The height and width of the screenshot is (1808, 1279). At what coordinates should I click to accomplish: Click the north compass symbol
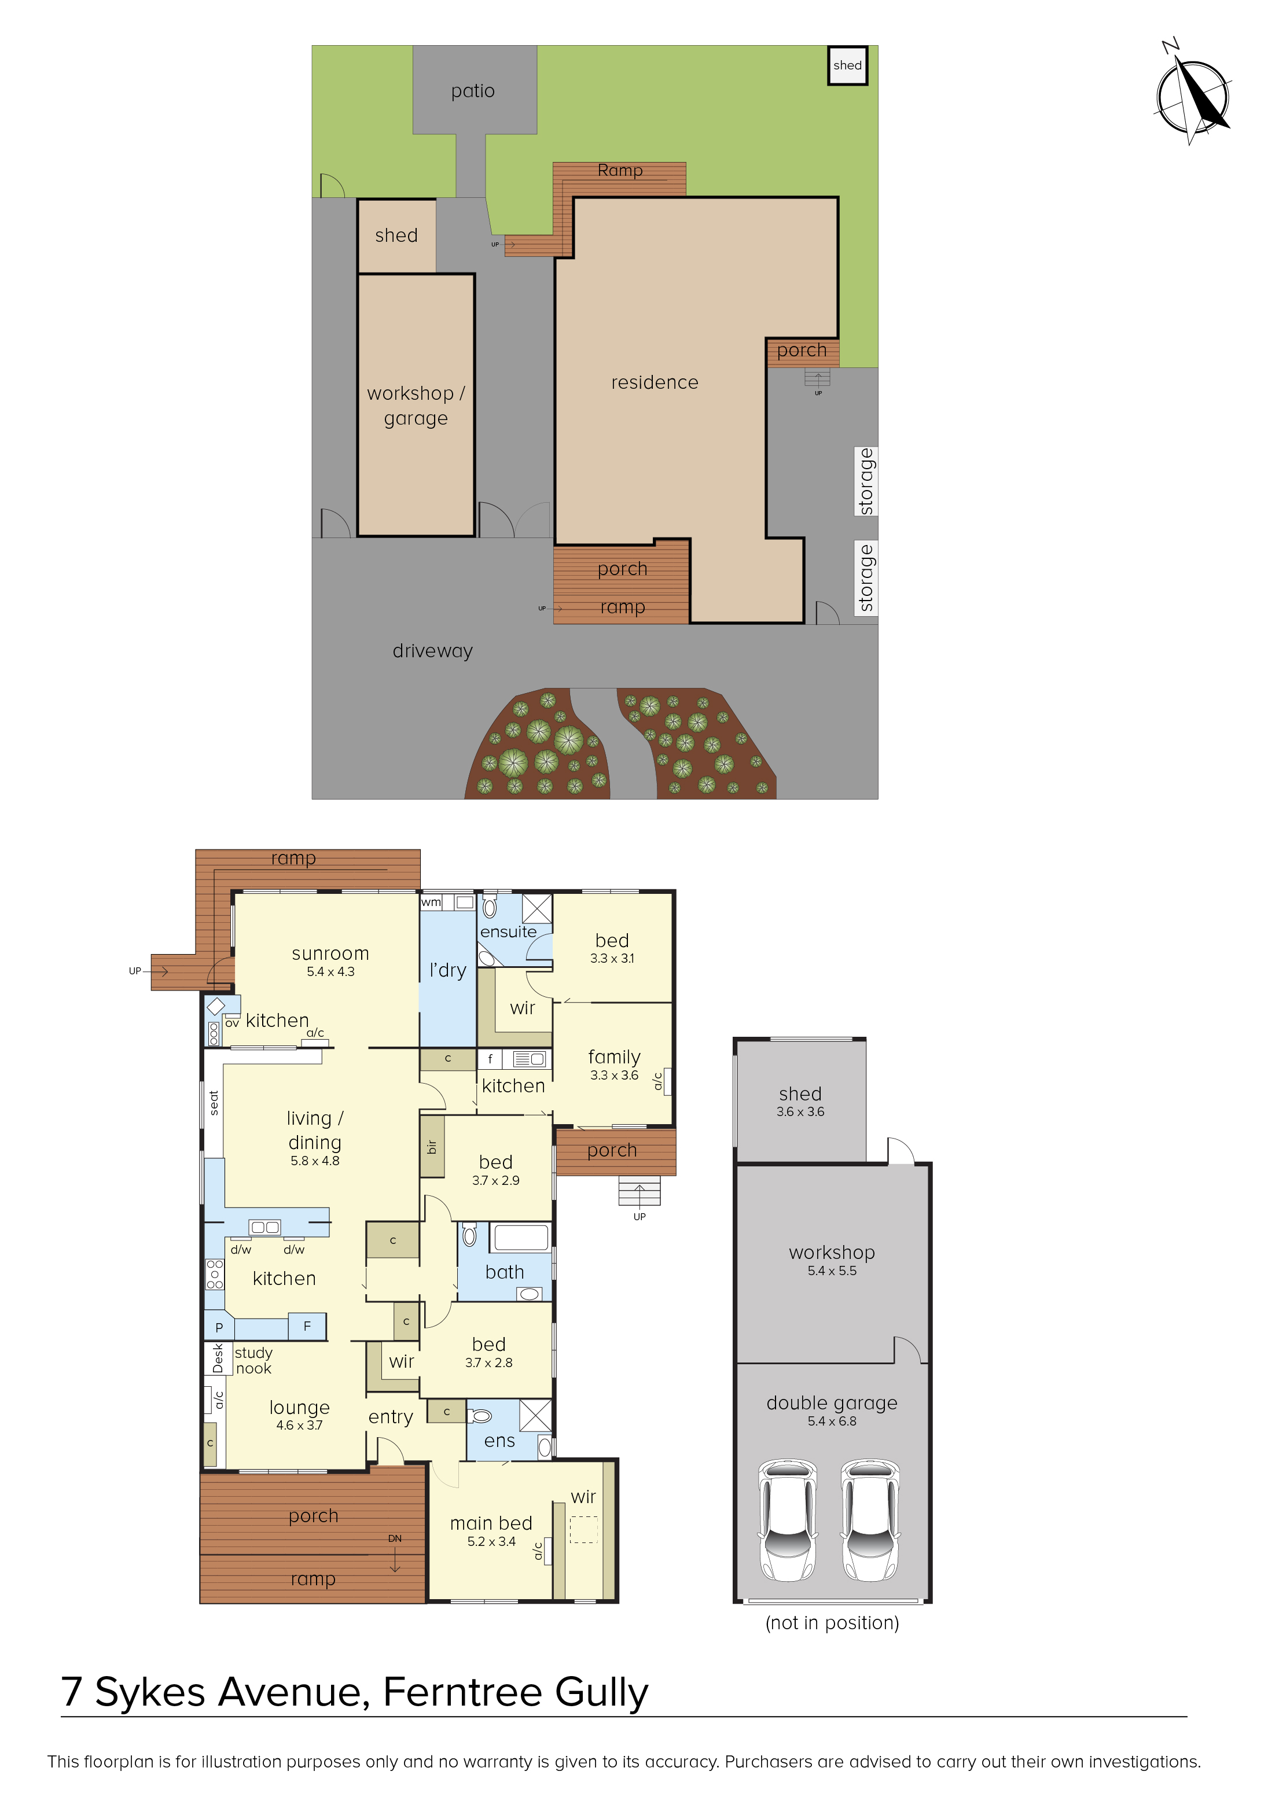1193,94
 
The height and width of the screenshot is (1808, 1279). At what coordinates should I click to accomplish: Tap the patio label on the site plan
473,91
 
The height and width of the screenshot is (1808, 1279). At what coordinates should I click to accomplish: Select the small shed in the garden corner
847,65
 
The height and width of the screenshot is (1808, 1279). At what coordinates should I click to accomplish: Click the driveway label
432,651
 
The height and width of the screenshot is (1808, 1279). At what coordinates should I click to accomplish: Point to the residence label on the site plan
655,382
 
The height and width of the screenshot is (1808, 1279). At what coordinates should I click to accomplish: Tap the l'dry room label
447,970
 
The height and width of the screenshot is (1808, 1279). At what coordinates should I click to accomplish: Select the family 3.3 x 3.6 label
614,1065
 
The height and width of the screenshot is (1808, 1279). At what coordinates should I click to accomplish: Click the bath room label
505,1272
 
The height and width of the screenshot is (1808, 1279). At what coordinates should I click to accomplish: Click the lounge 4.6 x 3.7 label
299,1415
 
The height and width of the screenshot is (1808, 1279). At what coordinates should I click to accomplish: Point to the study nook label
253,1361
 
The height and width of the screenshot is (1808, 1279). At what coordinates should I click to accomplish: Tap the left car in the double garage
788,1520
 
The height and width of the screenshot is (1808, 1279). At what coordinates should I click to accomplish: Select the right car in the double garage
870,1520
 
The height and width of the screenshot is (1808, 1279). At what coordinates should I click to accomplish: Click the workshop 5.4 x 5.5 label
832,1261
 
